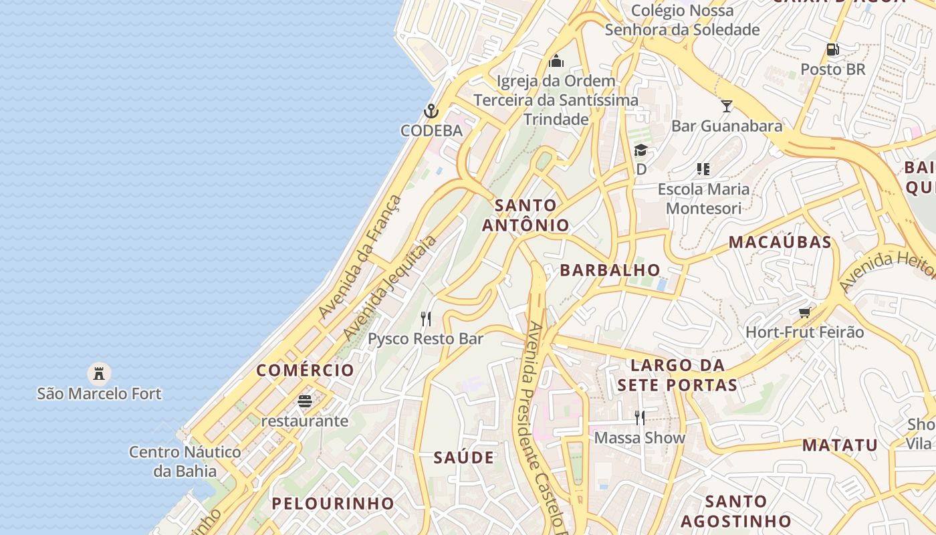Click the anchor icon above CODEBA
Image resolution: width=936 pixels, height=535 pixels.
click(431, 111)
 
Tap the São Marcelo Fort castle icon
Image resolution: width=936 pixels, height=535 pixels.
click(99, 373)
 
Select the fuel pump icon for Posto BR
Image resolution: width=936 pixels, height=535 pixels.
click(832, 49)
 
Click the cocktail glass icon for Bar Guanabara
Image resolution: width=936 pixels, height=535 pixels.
click(727, 106)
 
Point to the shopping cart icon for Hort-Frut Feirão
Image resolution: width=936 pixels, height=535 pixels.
click(805, 312)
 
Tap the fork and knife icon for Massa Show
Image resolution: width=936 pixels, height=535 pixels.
click(640, 418)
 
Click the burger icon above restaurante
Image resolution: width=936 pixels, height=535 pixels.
click(305, 401)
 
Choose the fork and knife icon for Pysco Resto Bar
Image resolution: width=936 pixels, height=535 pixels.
click(426, 318)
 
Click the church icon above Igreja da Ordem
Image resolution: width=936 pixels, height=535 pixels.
click(556, 62)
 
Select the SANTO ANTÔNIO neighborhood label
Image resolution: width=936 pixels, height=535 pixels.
click(526, 215)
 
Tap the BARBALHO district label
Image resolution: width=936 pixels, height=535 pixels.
click(610, 270)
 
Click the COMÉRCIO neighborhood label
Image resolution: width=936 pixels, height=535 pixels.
click(305, 370)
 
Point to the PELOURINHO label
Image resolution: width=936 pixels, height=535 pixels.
click(333, 504)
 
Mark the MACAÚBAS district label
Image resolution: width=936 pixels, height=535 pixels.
click(780, 242)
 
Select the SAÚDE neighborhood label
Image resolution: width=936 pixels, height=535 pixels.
click(464, 458)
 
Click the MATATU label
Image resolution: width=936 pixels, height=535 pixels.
click(840, 445)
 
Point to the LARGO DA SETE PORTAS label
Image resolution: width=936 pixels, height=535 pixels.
click(677, 375)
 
